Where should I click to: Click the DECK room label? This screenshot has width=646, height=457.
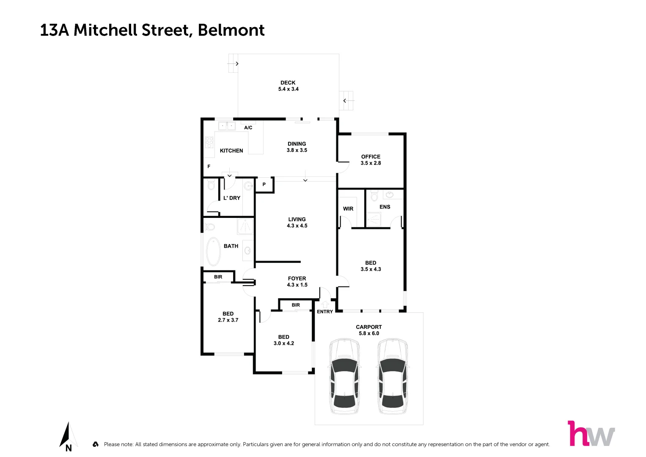[288, 83]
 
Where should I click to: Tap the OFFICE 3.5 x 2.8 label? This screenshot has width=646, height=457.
[371, 160]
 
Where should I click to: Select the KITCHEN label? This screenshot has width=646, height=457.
[231, 151]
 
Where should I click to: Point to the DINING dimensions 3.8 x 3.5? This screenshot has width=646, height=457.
[297, 150]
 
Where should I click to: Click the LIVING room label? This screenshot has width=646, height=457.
[297, 219]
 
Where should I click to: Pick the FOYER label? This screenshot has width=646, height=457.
[297, 278]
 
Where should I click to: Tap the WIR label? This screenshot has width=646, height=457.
[348, 209]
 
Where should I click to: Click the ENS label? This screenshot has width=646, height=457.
[385, 207]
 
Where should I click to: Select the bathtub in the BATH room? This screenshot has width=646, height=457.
[213, 251]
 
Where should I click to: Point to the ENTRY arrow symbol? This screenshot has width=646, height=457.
[325, 305]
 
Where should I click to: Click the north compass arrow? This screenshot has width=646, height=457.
[67, 435]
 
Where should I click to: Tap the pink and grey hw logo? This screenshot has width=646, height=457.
[591, 434]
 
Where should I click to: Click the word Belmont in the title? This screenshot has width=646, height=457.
[231, 30]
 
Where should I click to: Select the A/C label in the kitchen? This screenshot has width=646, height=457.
[248, 127]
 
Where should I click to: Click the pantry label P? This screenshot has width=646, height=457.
[264, 184]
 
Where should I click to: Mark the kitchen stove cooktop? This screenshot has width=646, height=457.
[209, 142]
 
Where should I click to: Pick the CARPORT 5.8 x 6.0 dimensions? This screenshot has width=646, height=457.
[369, 333]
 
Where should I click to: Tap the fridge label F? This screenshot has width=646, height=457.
[209, 166]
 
